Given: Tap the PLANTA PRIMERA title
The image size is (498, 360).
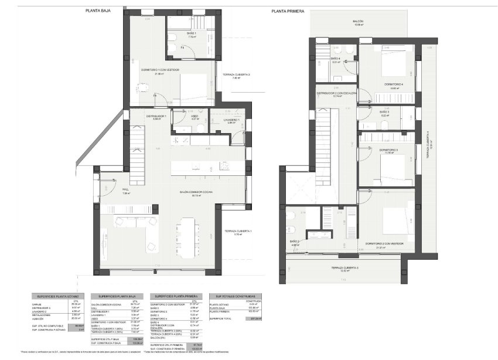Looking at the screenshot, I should (x=288, y=11).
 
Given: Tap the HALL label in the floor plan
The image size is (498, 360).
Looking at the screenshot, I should (x=125, y=189).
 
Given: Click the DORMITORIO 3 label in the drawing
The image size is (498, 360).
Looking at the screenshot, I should (x=388, y=151).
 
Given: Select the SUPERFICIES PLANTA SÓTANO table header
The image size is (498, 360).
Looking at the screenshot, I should (x=58, y=297).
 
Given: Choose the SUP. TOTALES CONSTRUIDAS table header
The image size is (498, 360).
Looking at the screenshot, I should (x=235, y=297).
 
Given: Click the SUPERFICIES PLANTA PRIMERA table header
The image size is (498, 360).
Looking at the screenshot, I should (x=176, y=297).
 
